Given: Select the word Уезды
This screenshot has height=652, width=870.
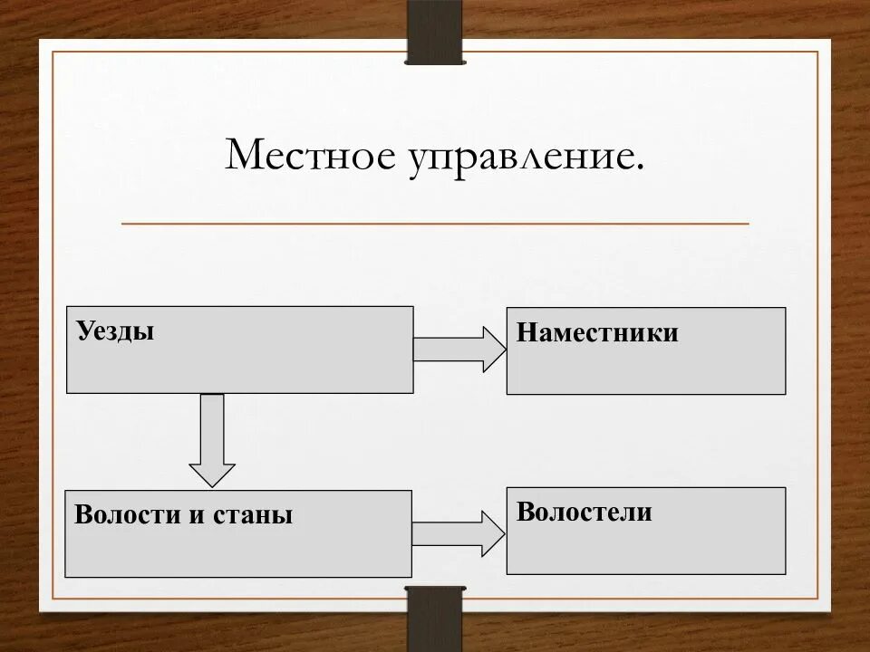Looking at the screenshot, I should (x=115, y=331).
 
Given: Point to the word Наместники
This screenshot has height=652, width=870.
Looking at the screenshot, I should (x=597, y=332).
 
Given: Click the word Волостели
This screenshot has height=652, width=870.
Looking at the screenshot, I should (x=585, y=512).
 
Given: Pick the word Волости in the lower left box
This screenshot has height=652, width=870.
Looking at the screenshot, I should (x=128, y=515).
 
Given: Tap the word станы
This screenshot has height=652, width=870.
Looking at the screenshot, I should (x=253, y=515).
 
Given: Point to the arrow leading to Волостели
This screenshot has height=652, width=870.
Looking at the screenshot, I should (x=459, y=533).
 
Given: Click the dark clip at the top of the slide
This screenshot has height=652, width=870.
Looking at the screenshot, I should (x=435, y=33).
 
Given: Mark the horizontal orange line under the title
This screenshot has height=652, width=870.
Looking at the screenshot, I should (x=435, y=223).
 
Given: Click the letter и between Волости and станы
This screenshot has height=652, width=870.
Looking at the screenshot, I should (x=197, y=516).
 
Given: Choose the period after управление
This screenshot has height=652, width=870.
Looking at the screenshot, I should (x=640, y=168).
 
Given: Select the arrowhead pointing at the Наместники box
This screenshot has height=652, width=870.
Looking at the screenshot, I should (x=494, y=350).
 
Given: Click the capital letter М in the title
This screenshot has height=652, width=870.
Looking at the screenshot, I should (x=241, y=155).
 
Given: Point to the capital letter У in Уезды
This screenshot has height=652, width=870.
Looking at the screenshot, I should (x=84, y=331).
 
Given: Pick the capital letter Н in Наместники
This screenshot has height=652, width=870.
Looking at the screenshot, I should (x=525, y=332).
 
